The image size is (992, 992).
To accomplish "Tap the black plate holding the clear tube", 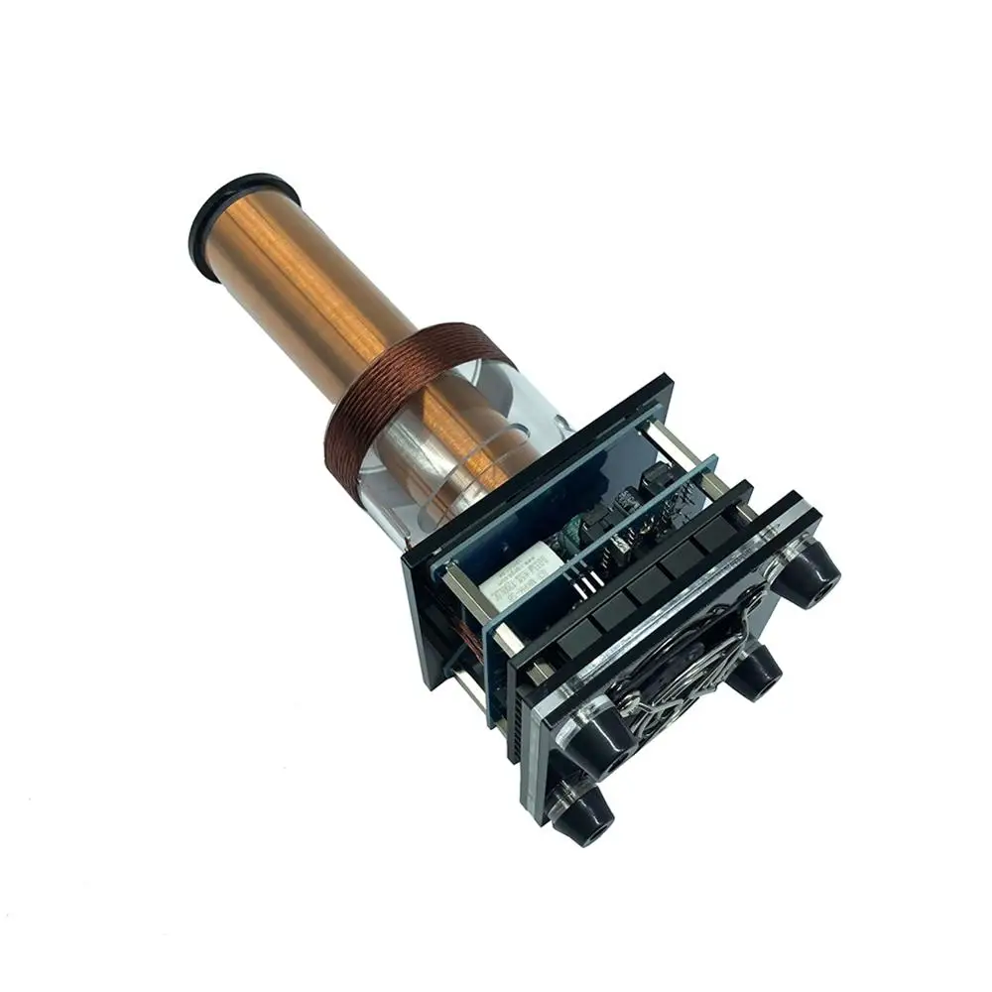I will coord(595,436).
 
